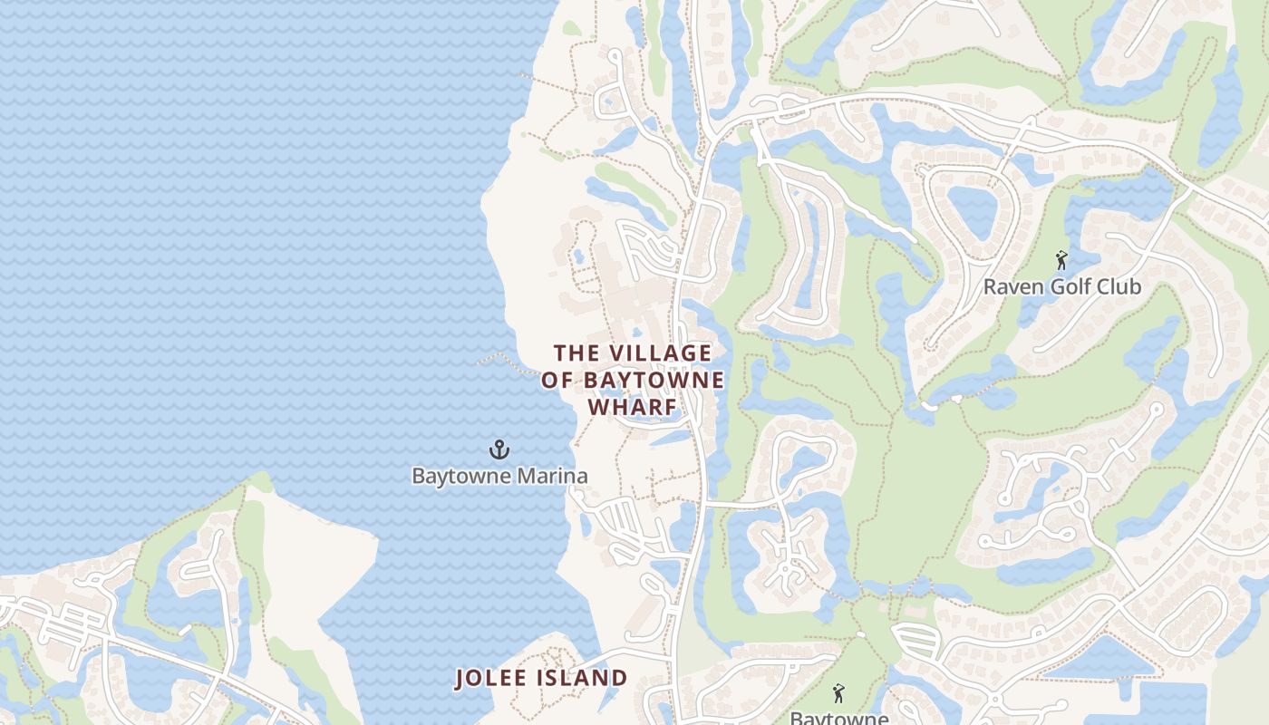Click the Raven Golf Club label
point(1061,287)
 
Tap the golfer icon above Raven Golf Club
point(1061,261)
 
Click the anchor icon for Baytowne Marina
point(499,449)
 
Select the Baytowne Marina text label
point(499,476)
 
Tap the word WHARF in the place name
point(633,408)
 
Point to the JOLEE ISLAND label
point(541,678)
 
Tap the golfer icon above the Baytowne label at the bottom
point(838,694)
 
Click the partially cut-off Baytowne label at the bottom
point(838,718)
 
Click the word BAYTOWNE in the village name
point(650,380)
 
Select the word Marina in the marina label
point(554,476)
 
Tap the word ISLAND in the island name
point(586,678)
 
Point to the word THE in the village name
point(576,353)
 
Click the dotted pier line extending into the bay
point(504,361)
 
